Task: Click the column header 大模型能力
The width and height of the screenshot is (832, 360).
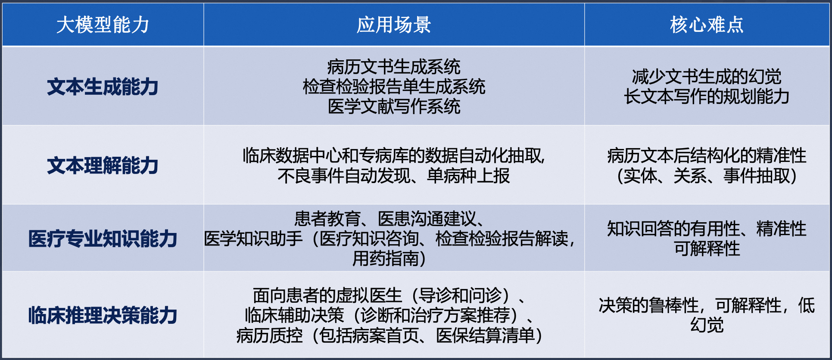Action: [103, 25]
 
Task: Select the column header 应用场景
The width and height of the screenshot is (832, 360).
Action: [394, 25]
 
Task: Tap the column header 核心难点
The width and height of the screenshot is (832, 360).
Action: [707, 25]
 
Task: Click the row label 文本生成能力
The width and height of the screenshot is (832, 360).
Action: [103, 87]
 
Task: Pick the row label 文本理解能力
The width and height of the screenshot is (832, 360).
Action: [103, 165]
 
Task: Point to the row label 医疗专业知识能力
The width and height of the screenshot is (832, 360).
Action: [103, 239]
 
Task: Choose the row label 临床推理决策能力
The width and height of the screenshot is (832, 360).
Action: [103, 315]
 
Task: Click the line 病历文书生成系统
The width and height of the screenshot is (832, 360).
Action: [394, 67]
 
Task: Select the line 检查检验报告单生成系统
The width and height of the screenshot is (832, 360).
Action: [394, 87]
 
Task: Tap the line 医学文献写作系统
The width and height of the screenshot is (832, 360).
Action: [394, 106]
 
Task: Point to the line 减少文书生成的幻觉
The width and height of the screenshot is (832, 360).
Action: [707, 77]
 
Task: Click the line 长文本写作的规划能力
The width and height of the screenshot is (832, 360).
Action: [707, 96]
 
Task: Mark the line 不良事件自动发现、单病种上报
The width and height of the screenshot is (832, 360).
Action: [394, 176]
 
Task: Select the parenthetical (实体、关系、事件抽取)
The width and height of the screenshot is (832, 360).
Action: [707, 176]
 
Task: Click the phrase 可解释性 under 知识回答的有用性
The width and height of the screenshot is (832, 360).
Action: [707, 248]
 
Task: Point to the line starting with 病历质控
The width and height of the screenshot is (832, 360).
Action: [390, 335]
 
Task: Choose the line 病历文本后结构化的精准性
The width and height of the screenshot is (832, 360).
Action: [707, 156]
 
